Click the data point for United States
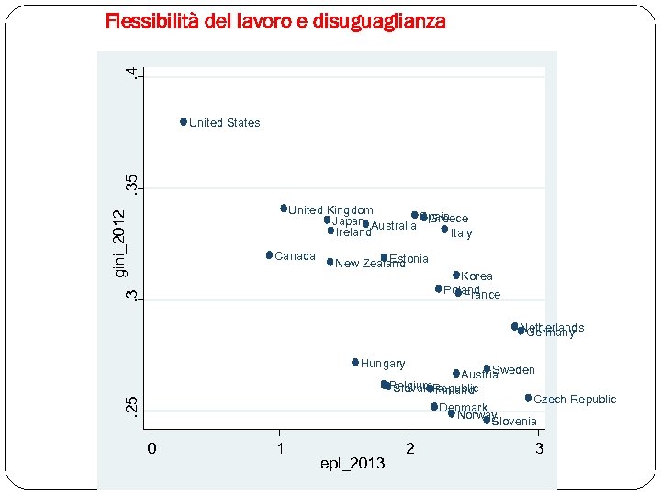[x=184, y=121]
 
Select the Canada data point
[x=269, y=254]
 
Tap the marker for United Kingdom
[x=284, y=209]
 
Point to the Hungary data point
[x=355, y=362]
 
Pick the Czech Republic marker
[x=528, y=398]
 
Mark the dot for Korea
[x=456, y=275]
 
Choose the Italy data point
[x=444, y=229]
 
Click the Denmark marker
[x=434, y=406]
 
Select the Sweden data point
[x=487, y=368]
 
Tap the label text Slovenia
[x=514, y=422]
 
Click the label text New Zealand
[x=370, y=265]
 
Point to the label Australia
[x=394, y=226]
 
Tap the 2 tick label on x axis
[x=410, y=448]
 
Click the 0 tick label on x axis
[x=152, y=448]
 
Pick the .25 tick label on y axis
[x=132, y=405]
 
